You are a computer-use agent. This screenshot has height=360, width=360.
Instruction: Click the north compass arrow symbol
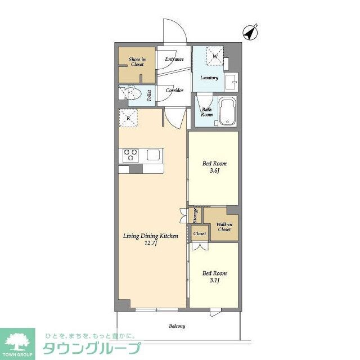coord(250,33)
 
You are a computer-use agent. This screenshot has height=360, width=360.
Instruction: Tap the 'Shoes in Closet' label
coord(137,62)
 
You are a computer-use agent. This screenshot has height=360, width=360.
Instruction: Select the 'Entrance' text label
coord(174,59)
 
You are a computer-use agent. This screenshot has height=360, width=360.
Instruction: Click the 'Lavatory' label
coord(209,78)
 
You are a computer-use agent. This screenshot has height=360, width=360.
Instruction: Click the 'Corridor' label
coord(174,90)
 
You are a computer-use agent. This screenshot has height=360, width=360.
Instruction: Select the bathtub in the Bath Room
coord(227,111)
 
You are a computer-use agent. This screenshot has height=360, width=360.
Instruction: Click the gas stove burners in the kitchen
coord(132,154)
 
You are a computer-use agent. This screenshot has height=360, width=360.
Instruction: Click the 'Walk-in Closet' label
coord(223,226)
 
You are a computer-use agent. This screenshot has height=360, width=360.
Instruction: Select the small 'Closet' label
coord(199,233)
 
